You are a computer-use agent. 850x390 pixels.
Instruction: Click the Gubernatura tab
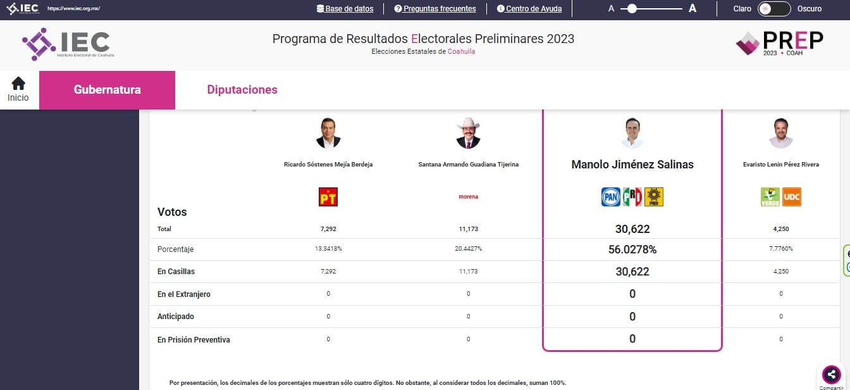(x=107, y=90)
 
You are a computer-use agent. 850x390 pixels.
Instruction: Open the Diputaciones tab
(x=242, y=90)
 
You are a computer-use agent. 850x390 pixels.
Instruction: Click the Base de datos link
(x=345, y=9)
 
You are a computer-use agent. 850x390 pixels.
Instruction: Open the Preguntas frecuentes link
(x=435, y=9)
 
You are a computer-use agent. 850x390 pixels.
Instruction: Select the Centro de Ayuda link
(x=529, y=9)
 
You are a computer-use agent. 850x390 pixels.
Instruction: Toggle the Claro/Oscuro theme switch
(x=774, y=9)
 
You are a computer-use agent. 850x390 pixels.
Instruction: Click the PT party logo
(x=328, y=197)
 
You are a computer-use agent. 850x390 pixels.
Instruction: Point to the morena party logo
(x=468, y=197)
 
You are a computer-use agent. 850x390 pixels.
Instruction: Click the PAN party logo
(x=610, y=197)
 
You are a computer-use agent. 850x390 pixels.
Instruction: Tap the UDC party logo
(x=792, y=197)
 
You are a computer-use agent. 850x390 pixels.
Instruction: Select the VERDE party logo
(x=770, y=197)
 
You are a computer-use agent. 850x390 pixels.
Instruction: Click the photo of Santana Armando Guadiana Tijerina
(x=468, y=133)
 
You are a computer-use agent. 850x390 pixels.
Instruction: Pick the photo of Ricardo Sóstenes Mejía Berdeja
(x=328, y=133)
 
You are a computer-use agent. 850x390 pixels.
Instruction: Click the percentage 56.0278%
(x=632, y=249)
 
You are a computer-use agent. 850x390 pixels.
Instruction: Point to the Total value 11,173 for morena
(x=468, y=229)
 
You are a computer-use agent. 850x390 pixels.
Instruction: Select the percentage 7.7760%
(x=780, y=249)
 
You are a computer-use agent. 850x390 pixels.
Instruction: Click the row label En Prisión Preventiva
(x=194, y=340)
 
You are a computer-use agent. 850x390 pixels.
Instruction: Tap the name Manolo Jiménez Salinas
(x=632, y=165)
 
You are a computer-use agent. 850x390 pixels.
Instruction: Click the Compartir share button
(x=832, y=374)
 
